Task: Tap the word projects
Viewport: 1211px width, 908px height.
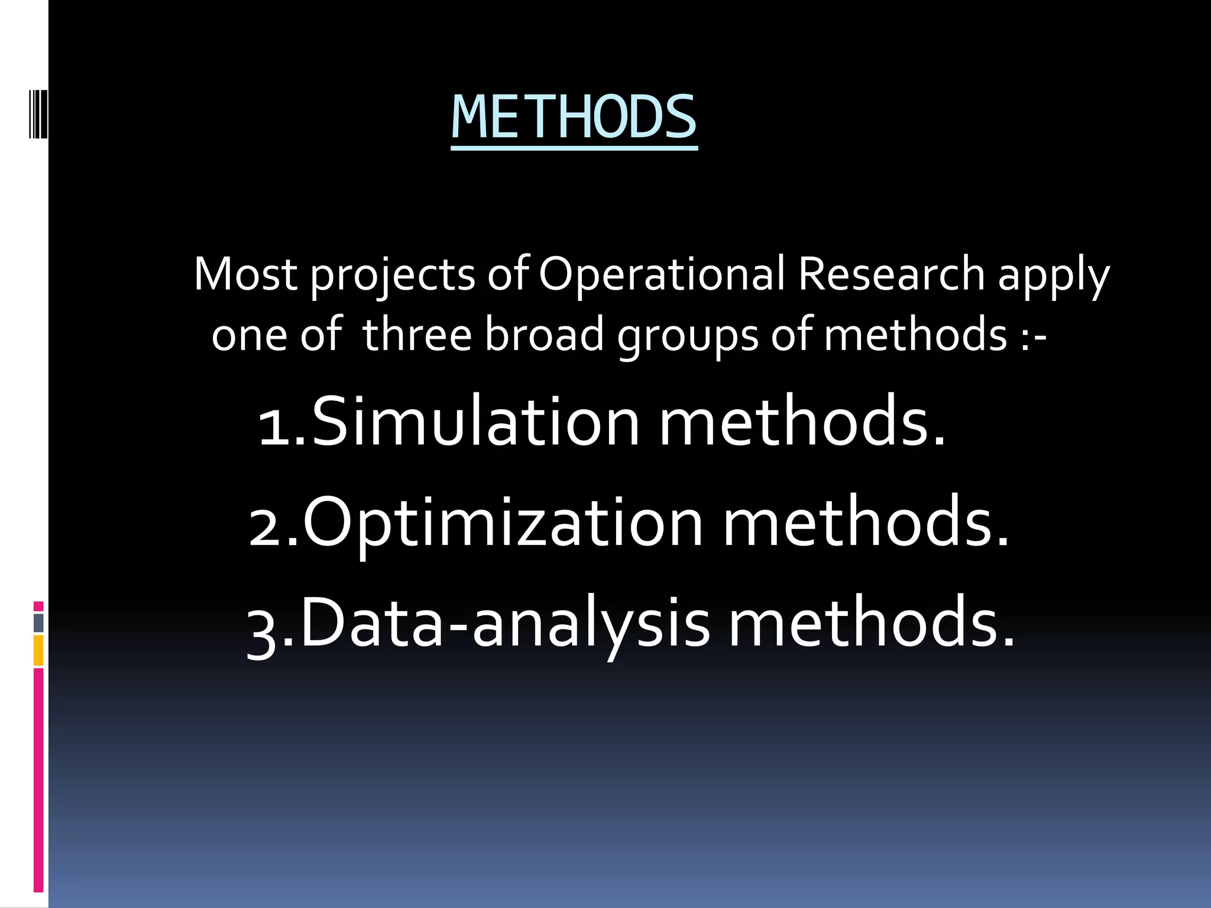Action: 393,275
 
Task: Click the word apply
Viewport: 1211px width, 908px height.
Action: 1054,275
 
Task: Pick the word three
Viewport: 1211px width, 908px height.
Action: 417,335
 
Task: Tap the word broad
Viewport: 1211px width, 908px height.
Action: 545,335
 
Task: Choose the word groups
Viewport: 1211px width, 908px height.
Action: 688,336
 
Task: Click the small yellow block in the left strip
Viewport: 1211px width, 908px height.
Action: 38,650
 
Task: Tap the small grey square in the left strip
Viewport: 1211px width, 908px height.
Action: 38,622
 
